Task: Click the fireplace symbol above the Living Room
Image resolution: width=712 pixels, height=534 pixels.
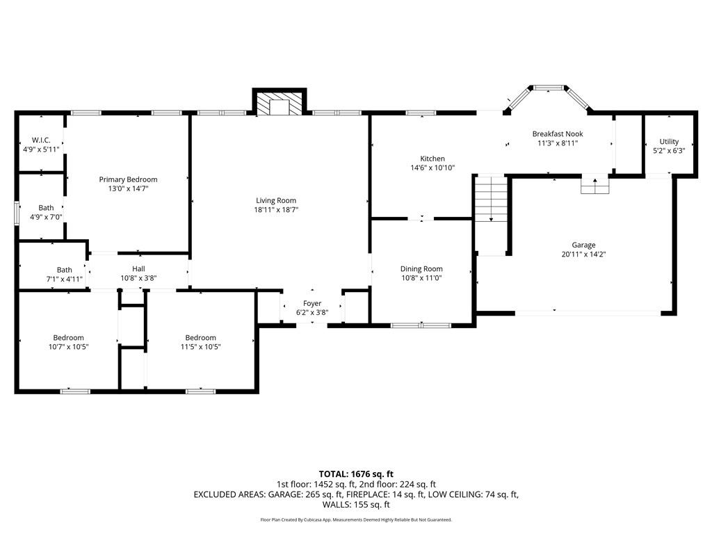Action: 280,104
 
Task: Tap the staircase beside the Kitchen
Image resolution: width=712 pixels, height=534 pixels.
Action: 492,199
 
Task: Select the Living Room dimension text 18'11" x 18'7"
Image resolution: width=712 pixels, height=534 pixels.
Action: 276,209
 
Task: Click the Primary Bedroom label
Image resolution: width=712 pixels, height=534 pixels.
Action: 128,179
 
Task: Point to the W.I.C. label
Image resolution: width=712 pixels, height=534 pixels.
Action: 41,140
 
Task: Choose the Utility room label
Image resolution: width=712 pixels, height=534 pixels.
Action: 669,141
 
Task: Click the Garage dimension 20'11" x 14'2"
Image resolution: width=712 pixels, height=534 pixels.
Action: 583,254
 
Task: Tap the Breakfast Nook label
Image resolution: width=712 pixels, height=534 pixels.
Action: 558,133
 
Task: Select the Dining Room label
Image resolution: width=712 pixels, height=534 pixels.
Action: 421,269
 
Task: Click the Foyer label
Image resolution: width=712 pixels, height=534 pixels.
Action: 312,303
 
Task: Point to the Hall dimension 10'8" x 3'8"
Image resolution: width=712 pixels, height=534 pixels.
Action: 138,278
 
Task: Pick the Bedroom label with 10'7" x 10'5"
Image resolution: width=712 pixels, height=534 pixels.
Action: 68,338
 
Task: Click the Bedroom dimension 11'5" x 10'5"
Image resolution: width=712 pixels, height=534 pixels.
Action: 201,346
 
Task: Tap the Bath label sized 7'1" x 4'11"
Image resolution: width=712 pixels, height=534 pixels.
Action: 64,270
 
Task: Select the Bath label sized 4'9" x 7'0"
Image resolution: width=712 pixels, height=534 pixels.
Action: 46,208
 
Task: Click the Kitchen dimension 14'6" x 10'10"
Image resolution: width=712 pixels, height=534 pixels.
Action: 432,168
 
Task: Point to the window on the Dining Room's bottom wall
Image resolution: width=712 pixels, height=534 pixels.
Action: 421,325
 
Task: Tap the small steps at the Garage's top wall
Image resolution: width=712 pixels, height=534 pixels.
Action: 595,186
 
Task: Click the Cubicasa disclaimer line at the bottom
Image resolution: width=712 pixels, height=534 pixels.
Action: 356,519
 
